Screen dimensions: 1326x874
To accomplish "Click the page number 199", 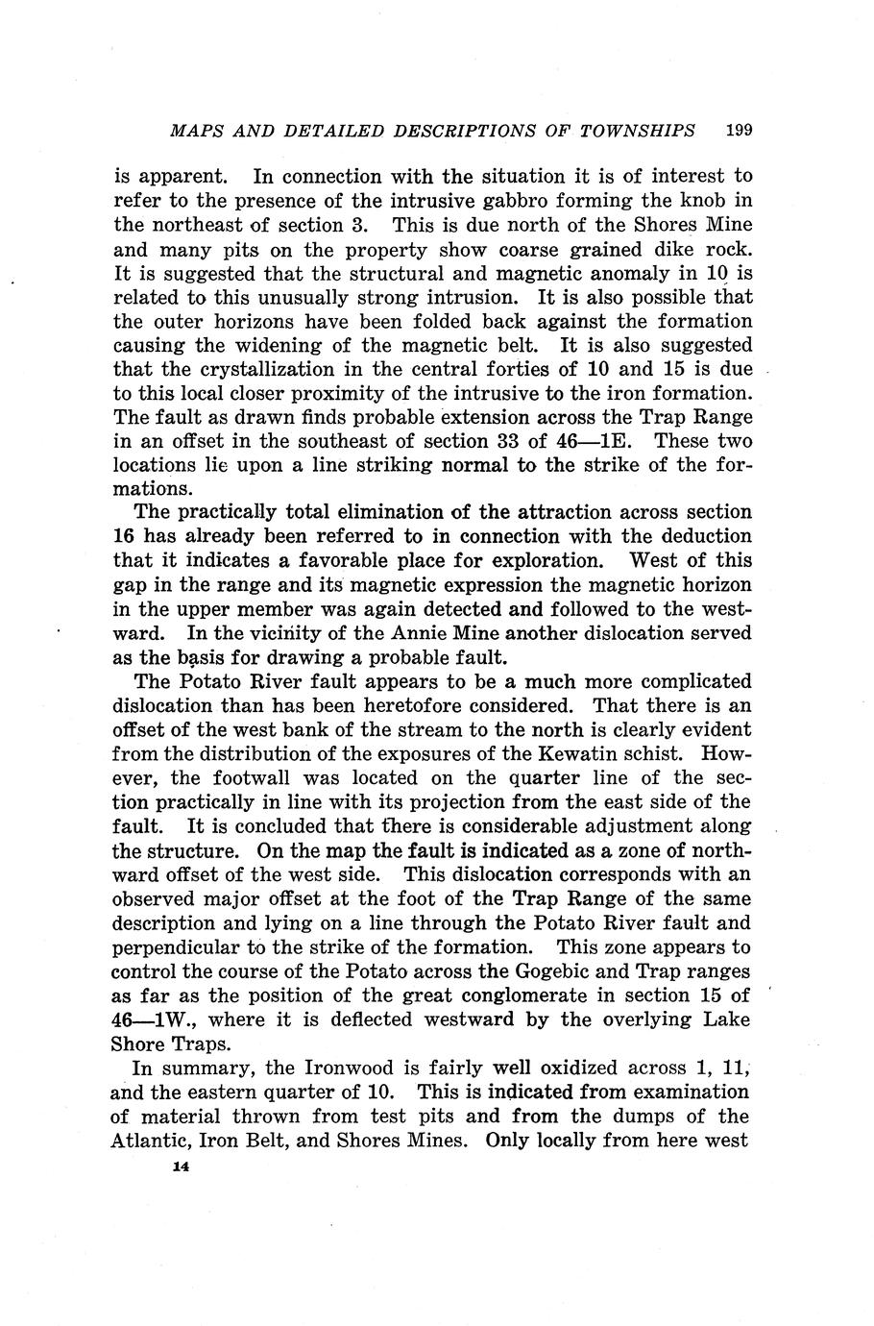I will click(x=738, y=129).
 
